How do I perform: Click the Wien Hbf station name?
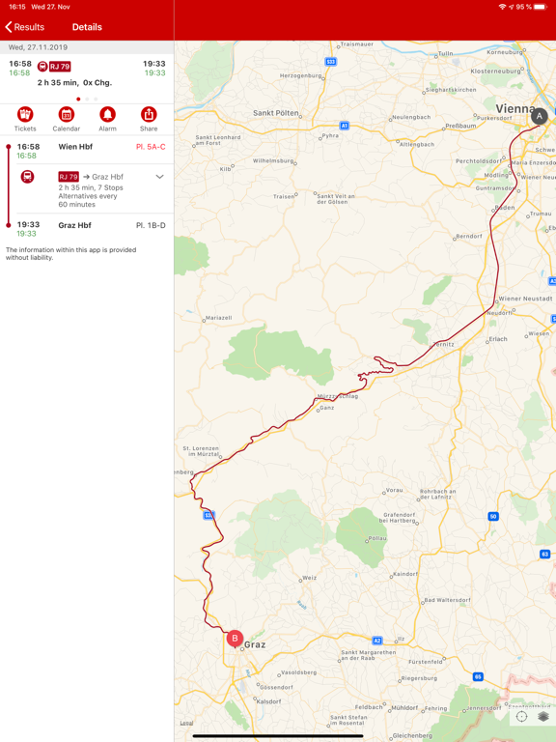point(75,147)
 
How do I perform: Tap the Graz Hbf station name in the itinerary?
point(75,225)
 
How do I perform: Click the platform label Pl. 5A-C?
point(151,147)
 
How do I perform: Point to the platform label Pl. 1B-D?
point(151,225)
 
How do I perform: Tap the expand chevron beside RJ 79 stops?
point(159,177)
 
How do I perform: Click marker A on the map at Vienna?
point(540,117)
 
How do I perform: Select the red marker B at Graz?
point(235,639)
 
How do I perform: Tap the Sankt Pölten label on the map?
point(275,113)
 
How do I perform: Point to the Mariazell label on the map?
point(220,318)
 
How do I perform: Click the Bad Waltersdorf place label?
point(447,600)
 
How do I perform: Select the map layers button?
point(543,717)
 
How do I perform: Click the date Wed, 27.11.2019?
point(39,46)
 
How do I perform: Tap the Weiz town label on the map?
point(309,578)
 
